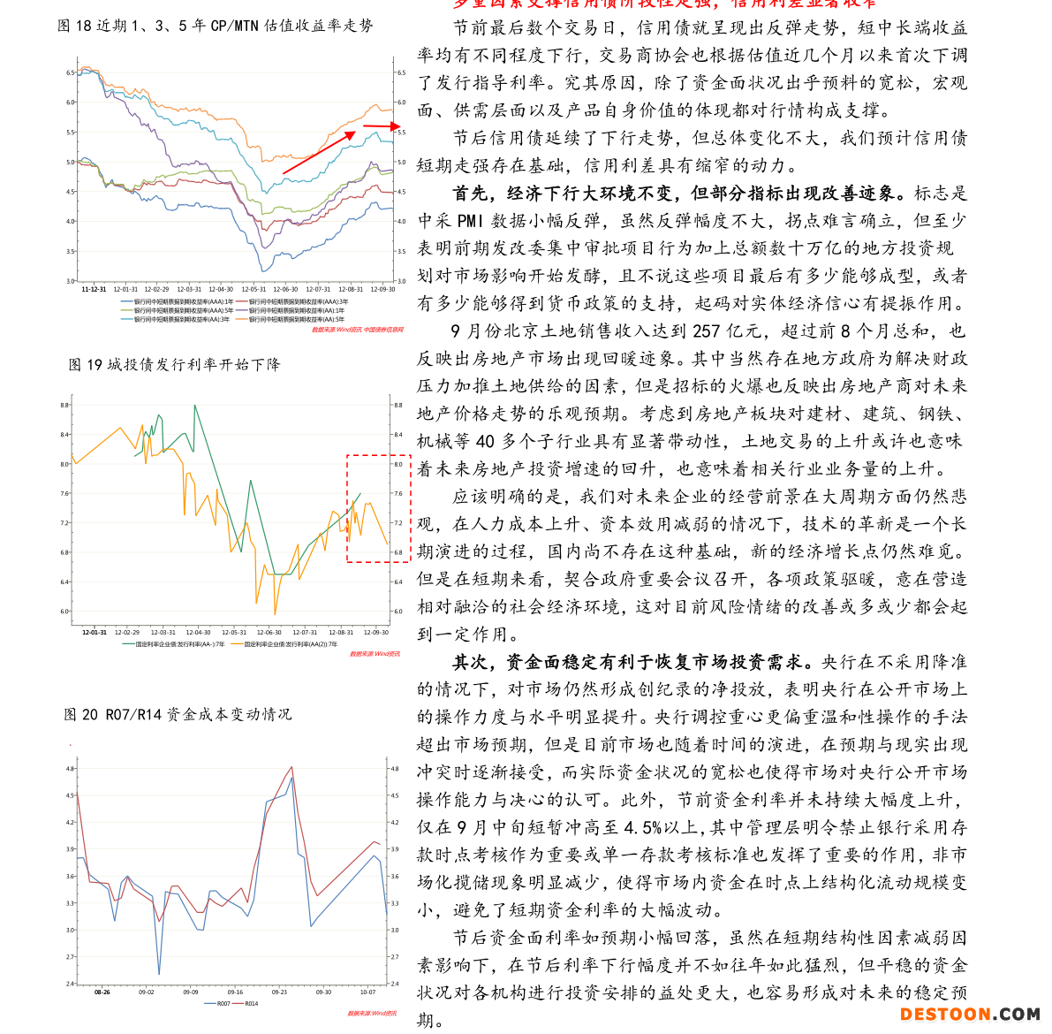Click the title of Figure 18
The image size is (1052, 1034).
tap(216, 26)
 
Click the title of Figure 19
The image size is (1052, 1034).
tap(174, 364)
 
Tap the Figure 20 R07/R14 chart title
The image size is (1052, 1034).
tap(178, 714)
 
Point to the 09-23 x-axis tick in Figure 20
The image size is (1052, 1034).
tap(279, 992)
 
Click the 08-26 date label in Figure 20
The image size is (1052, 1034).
tap(102, 992)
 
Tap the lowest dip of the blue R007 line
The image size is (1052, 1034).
tap(159, 974)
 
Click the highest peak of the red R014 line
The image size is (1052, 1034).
tap(291, 766)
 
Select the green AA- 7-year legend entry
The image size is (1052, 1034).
tap(175, 644)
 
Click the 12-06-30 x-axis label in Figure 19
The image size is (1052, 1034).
tap(269, 633)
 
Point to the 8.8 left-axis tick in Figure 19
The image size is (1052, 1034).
tap(64, 405)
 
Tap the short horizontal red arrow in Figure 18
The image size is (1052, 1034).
tap(381, 127)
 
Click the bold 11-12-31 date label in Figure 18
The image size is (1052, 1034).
tap(94, 289)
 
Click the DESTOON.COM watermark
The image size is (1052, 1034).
tap(969, 1014)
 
